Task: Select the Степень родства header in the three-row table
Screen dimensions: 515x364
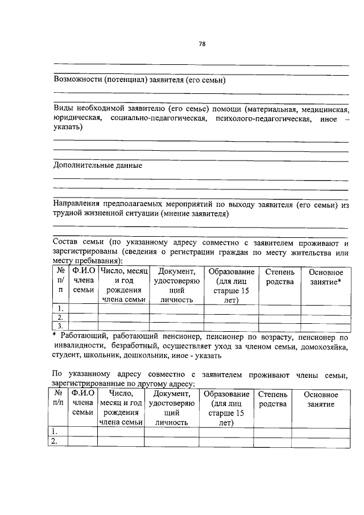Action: click(x=279, y=277)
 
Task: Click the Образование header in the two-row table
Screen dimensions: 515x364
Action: click(x=226, y=394)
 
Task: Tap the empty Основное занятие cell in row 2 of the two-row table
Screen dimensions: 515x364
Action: click(x=320, y=442)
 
